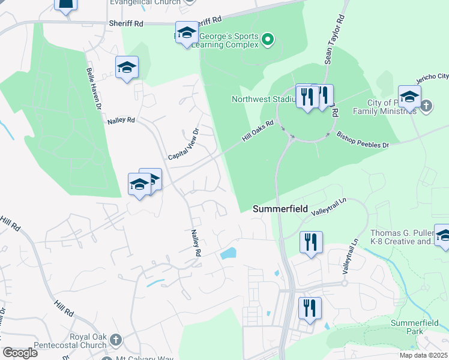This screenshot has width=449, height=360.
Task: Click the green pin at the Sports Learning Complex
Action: pos(268,40)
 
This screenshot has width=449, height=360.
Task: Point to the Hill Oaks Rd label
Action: pos(258,131)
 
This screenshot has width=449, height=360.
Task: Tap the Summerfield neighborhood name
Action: pos(280,209)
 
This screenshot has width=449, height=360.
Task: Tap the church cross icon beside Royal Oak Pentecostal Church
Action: pos(115,340)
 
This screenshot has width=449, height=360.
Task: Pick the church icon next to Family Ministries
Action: pos(426,106)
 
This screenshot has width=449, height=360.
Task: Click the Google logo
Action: pos(20,353)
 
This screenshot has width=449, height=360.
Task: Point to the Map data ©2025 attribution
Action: pos(423,355)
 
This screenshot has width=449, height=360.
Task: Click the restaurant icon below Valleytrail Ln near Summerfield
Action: pos(311,242)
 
